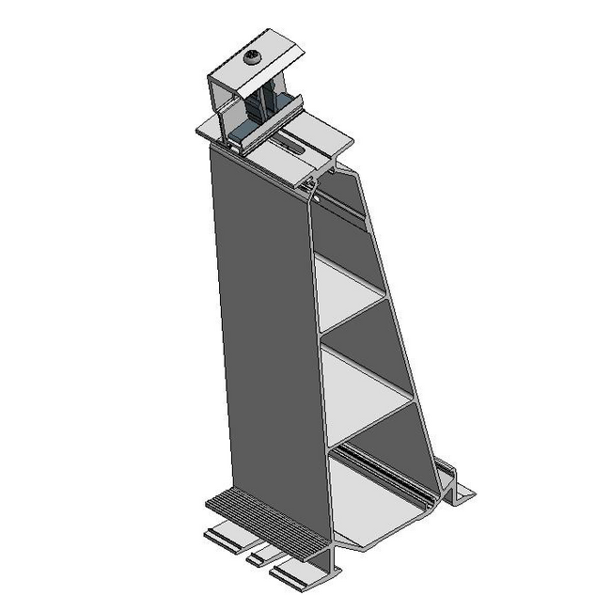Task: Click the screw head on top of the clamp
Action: coord(254,58)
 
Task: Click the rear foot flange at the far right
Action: coord(462,490)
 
